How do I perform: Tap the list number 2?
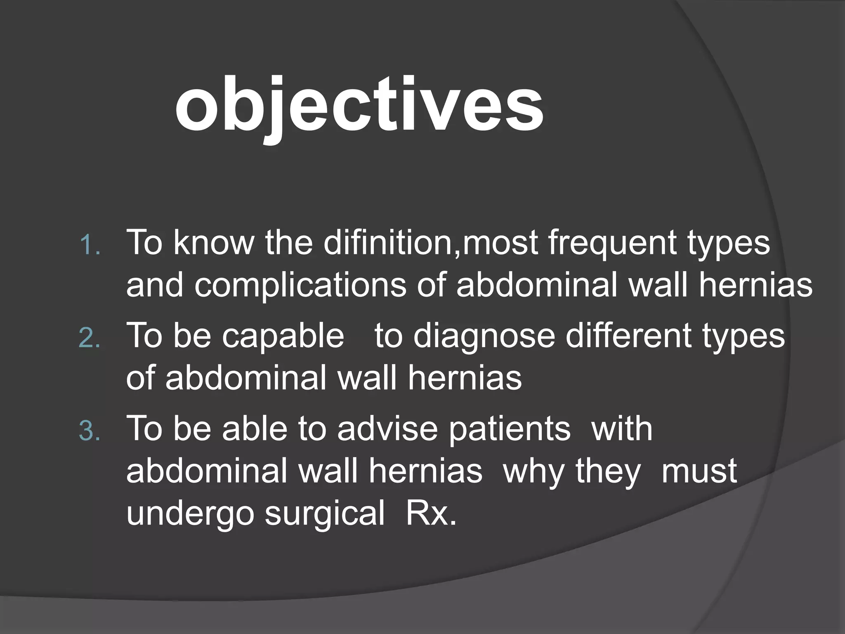point(90,339)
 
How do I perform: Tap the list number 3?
point(90,432)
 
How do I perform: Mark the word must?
point(699,471)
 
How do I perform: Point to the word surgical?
point(325,514)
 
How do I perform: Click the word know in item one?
point(214,243)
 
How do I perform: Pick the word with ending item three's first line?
point(622,428)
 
